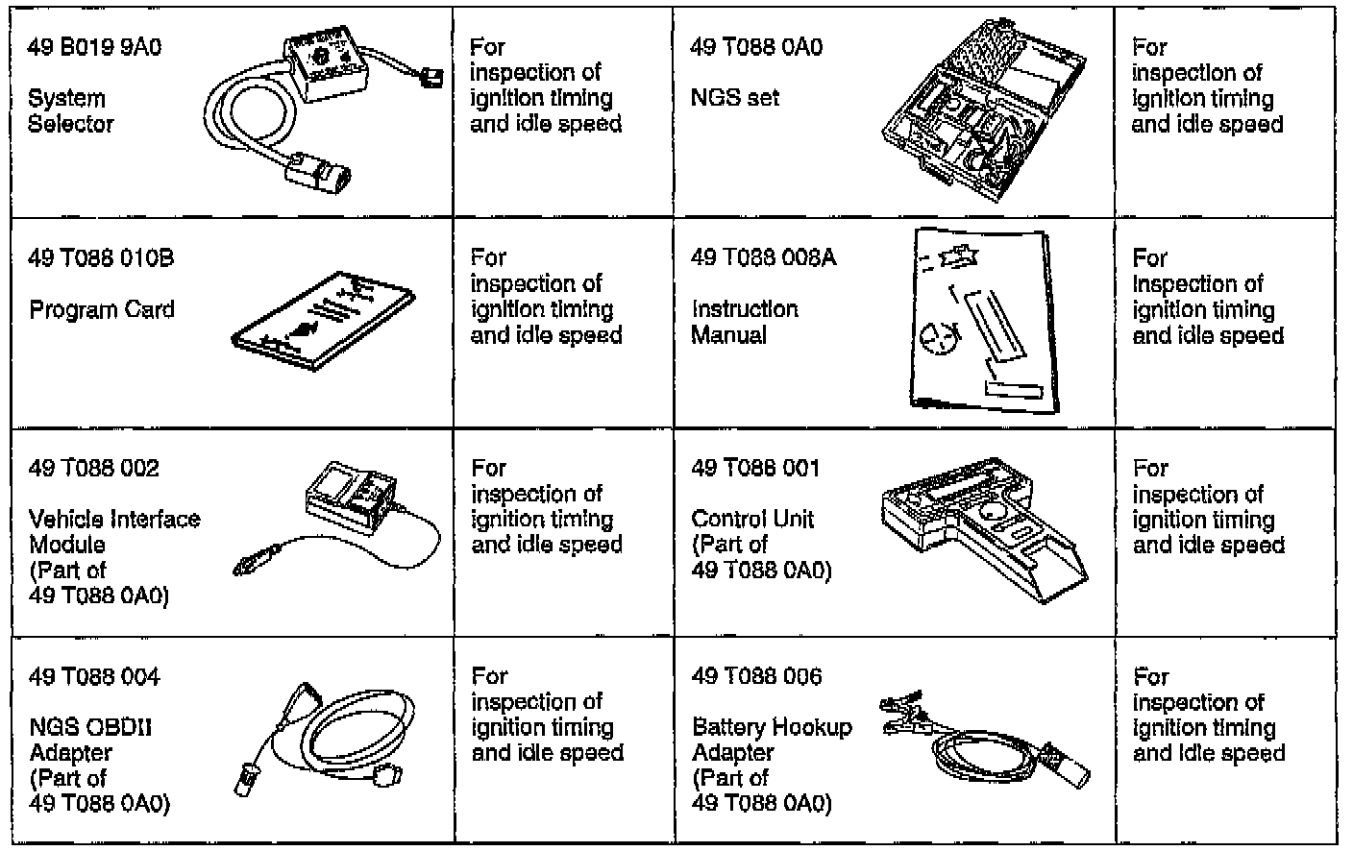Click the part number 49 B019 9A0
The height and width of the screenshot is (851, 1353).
click(x=94, y=47)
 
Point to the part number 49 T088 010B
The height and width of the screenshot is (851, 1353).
click(x=101, y=258)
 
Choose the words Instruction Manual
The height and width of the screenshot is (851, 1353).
click(x=745, y=322)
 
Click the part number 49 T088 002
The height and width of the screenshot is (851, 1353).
click(x=94, y=468)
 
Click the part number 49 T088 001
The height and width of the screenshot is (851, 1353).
click(x=755, y=468)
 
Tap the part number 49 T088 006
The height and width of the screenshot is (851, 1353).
click(x=756, y=676)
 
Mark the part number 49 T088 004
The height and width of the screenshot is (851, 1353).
click(x=94, y=676)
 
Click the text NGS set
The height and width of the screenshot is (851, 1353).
click(x=735, y=97)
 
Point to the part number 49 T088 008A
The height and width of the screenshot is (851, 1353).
click(x=763, y=257)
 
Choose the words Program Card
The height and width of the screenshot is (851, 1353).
click(x=102, y=310)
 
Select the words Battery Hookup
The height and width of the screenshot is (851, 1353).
click(x=772, y=727)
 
